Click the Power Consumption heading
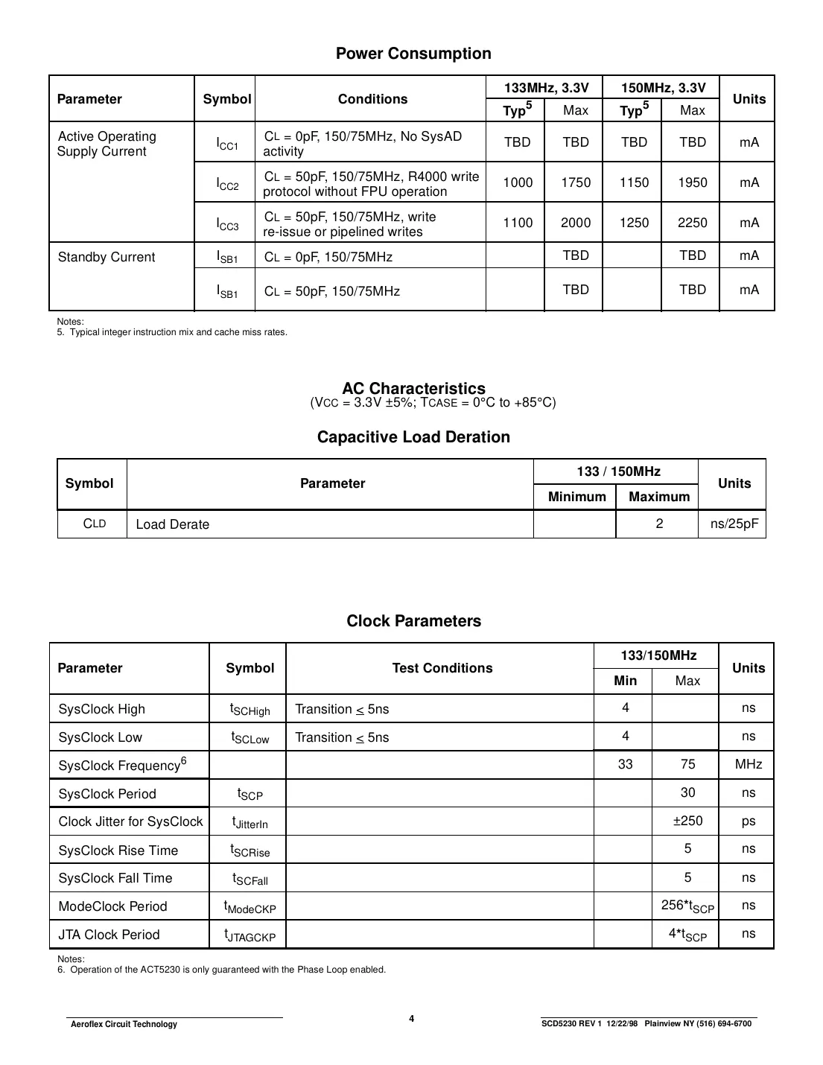coord(413,54)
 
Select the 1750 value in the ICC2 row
coord(576,182)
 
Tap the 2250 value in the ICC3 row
coord(692,223)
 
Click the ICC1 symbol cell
coord(227,143)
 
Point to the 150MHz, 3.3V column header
coord(663,88)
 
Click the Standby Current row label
coord(107,257)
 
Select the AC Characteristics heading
coord(413,389)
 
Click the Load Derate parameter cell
coord(172,524)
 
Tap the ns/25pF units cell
coord(734,524)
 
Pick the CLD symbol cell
coord(94,524)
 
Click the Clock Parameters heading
coord(413,621)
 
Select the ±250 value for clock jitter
coord(687,821)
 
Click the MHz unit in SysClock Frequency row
coord(748,764)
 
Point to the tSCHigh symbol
coord(250,710)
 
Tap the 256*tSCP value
coord(687,906)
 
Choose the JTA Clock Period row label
coord(109,935)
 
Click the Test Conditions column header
coord(442,668)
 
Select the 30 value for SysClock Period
coord(687,792)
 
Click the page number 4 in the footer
coord(411,1019)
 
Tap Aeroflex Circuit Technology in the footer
coord(124,1024)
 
